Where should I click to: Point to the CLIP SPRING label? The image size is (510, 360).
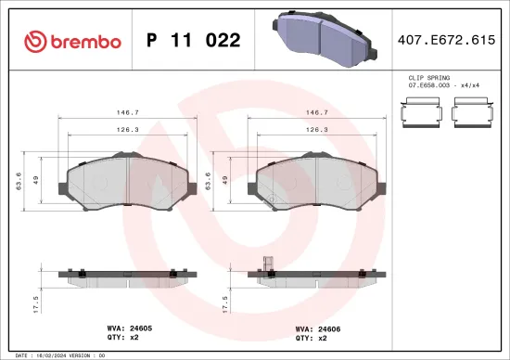427,78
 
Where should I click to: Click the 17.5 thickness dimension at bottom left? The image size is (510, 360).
35,304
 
